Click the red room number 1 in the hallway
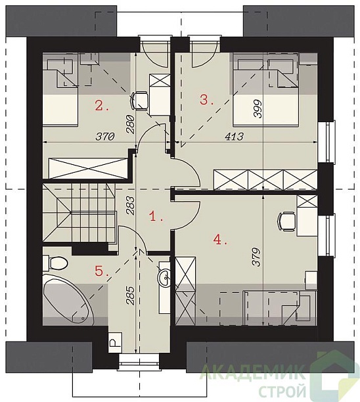[156, 217]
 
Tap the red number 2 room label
[102, 105]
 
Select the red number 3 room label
[207, 100]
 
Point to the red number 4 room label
[220, 240]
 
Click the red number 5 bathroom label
[102, 271]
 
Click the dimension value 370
[105, 137]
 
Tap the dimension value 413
[234, 137]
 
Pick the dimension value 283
[130, 205]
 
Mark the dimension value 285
[130, 296]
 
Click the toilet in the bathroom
[56, 263]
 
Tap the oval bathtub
[68, 300]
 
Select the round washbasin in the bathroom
[164, 277]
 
